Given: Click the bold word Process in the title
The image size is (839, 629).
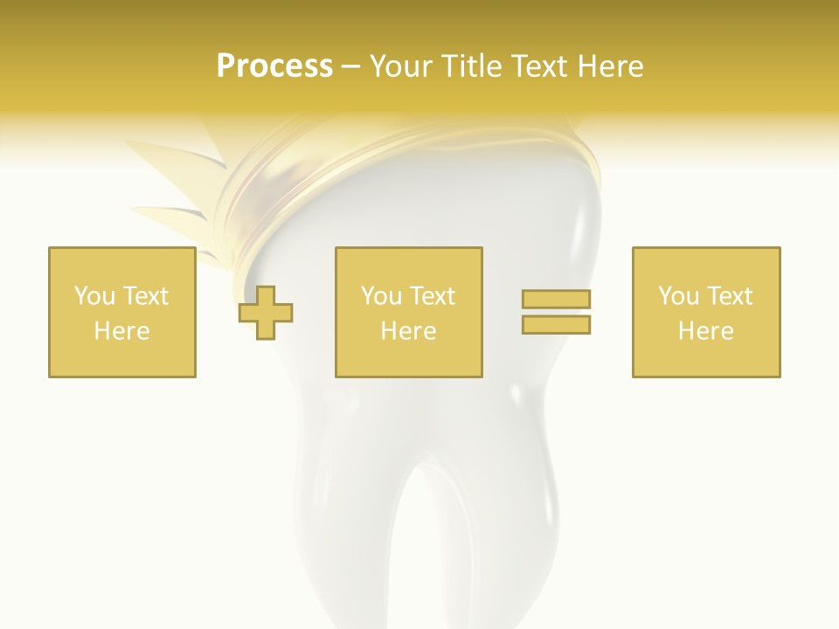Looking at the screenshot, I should coord(274,66).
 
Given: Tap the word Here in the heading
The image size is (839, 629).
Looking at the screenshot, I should coord(608,66).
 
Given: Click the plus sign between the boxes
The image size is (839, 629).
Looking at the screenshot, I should coord(266,313).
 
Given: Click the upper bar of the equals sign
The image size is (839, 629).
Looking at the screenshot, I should coord(556,299).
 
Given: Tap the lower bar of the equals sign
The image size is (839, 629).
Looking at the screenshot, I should coord(556,324).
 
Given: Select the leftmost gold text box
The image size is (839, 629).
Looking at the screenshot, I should coord(122,312).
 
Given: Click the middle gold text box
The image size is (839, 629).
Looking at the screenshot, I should coord(408,312).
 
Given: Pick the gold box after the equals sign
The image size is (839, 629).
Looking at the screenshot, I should coord(705,312).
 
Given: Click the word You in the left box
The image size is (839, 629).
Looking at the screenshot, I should coord(94,296).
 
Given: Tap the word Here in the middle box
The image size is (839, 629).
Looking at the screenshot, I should coord(408,331).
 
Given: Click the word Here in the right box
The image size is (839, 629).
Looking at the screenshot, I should coord(705,331).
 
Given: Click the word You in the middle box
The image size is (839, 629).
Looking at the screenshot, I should coord(381,296).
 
